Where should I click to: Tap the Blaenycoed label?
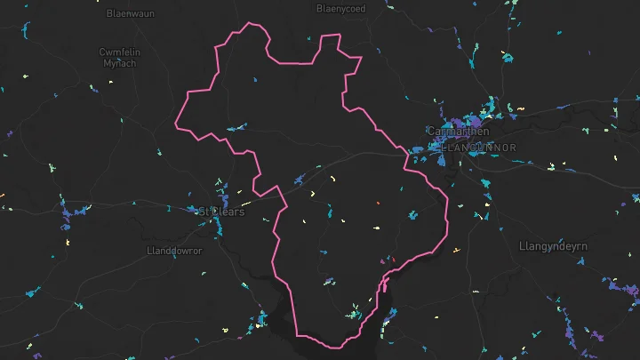(340, 9)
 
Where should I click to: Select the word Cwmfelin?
(119, 52)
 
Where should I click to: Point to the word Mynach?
(119, 64)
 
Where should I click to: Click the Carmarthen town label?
(458, 132)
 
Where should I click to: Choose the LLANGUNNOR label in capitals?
(477, 147)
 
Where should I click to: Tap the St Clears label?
(219, 212)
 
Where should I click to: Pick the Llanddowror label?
(173, 251)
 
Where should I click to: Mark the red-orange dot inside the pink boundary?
(378, 204)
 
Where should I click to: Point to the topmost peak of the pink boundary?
(250, 24)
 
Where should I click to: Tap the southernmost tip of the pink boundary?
(331, 346)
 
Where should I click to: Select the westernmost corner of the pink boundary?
(176, 124)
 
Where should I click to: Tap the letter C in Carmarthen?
(431, 132)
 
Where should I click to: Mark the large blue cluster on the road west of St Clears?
(78, 212)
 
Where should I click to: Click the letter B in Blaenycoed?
(320, 9)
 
